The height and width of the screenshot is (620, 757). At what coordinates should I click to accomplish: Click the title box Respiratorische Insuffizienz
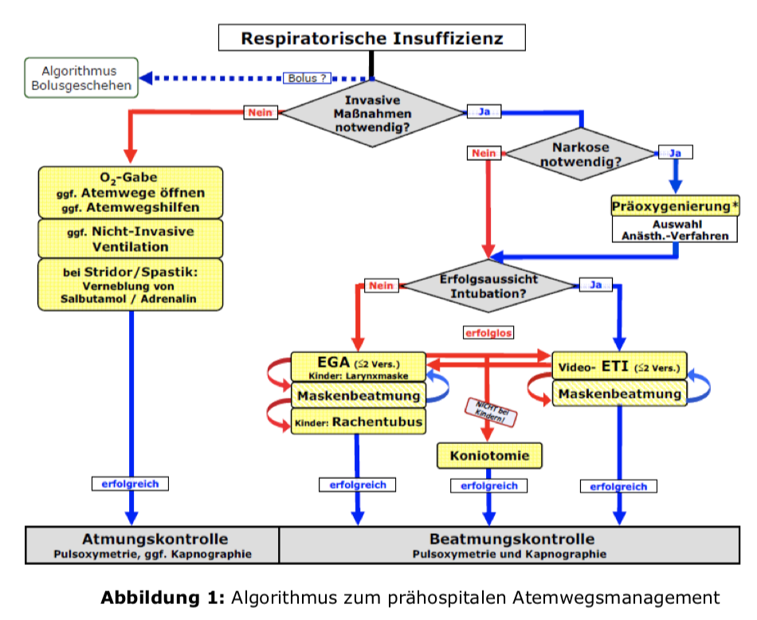(x=372, y=37)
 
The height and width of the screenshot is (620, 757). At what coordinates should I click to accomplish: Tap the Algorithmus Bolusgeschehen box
(x=81, y=78)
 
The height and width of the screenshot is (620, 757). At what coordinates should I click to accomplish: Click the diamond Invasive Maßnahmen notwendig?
(x=373, y=112)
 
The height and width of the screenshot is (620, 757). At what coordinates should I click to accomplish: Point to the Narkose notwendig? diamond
(x=581, y=153)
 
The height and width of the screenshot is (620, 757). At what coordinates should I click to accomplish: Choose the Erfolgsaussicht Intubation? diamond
(x=488, y=285)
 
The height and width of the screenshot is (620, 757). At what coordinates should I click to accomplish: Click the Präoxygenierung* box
(x=675, y=206)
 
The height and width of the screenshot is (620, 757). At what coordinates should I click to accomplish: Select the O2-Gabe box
(x=129, y=192)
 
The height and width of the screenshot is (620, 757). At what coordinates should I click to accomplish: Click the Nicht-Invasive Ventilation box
(x=129, y=238)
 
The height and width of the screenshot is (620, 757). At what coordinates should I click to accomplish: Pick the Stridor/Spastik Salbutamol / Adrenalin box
(x=129, y=284)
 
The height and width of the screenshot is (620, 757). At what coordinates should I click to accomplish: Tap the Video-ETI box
(x=619, y=367)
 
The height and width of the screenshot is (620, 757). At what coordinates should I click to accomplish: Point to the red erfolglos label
(x=488, y=332)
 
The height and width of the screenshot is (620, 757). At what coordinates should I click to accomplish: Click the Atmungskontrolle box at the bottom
(x=154, y=544)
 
